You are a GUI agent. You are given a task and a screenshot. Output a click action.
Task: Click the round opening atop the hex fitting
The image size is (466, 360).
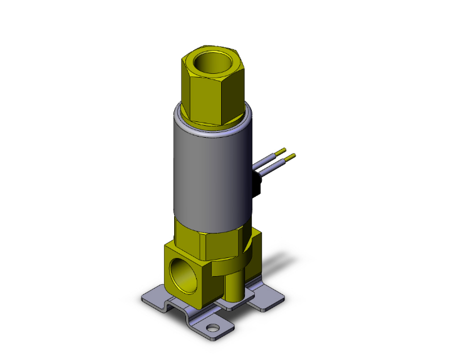211,64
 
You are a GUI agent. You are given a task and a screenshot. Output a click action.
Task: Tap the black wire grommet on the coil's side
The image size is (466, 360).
256,185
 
